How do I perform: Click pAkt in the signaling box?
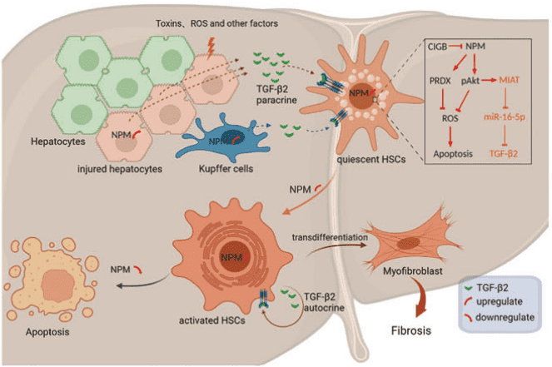pyautogui.click(x=470, y=80)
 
